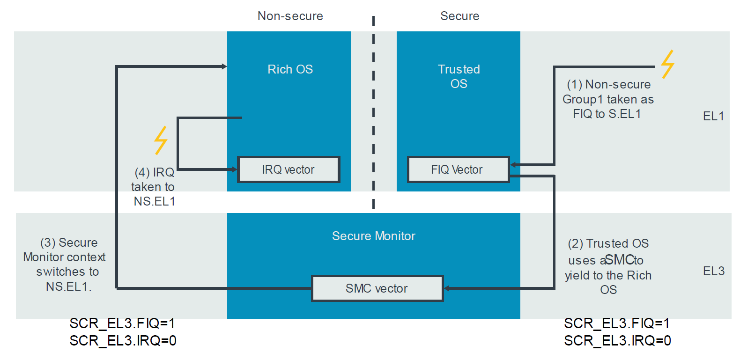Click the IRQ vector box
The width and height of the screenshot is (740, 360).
tap(289, 169)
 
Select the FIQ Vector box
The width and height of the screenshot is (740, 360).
tap(458, 169)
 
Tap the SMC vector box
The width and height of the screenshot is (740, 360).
tap(377, 288)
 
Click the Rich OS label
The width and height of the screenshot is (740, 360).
tap(290, 69)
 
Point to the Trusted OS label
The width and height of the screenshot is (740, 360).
tap(459, 76)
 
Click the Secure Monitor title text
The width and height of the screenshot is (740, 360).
tap(373, 236)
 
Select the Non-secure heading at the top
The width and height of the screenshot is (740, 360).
tap(290, 16)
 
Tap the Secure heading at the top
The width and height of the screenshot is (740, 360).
tap(459, 16)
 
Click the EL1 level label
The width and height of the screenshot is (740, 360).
tap(713, 116)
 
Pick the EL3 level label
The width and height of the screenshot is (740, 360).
tap(713, 271)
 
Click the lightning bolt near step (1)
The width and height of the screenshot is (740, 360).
tap(667, 64)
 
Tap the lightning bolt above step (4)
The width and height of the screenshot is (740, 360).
tap(161, 140)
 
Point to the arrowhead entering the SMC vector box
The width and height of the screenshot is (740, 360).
tap(447, 288)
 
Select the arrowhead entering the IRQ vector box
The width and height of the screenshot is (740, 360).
tap(234, 169)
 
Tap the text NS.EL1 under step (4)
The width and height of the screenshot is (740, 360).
tap(155, 201)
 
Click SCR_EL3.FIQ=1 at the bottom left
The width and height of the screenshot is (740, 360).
tap(122, 323)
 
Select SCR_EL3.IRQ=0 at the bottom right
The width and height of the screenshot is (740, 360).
tap(617, 341)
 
